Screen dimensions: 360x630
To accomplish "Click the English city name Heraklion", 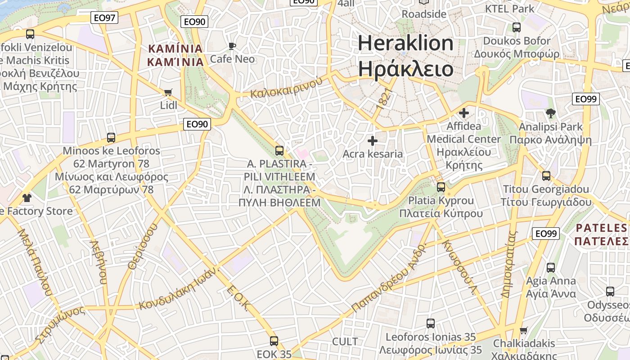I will (405, 43).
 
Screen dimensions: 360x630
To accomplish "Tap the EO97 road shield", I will (104, 18).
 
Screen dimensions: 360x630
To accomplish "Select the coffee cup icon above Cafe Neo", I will (232, 46).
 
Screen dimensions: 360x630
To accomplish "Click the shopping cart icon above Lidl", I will (168, 93).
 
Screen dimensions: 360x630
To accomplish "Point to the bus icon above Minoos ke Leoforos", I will (111, 138).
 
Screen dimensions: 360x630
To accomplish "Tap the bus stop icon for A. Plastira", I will (279, 151).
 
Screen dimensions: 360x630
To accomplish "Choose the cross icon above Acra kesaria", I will (373, 141).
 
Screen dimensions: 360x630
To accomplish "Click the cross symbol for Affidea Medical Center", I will (464, 113).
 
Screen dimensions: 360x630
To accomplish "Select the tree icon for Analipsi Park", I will (550, 113).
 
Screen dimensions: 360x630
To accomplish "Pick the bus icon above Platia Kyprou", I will (441, 187).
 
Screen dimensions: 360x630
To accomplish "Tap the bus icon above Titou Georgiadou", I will (546, 176).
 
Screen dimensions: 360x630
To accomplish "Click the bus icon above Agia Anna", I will (551, 268).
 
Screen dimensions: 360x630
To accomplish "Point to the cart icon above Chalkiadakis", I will (524, 331).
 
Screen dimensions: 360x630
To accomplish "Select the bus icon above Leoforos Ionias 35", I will (431, 324).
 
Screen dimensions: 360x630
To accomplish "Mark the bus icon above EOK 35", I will (274, 341).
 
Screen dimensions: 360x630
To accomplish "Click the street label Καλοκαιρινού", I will (287, 88).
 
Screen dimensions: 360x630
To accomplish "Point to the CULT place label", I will (345, 342).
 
